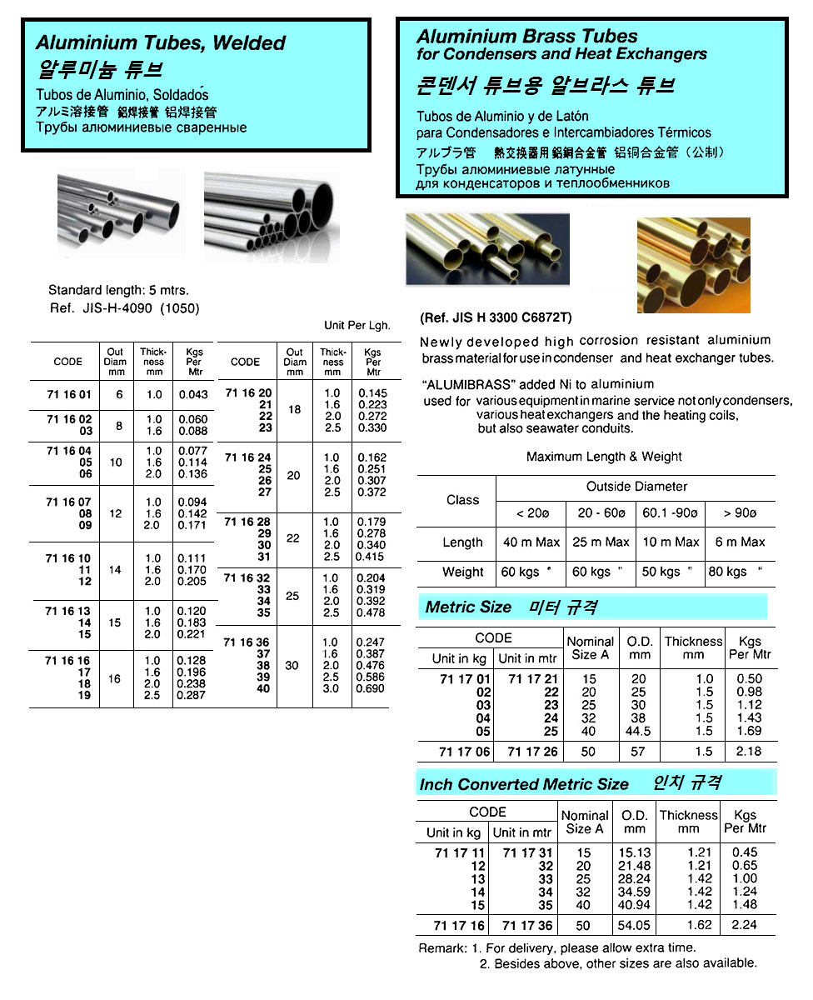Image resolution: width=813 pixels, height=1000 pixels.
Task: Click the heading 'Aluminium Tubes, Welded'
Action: (161, 43)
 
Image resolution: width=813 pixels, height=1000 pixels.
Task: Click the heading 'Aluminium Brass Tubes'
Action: (526, 37)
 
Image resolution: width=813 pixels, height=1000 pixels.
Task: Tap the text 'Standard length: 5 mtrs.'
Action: (118, 291)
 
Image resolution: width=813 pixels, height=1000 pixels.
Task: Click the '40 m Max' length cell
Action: (531, 542)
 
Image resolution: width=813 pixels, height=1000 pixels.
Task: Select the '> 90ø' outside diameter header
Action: (740, 513)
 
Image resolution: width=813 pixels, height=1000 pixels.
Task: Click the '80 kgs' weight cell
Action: (727, 572)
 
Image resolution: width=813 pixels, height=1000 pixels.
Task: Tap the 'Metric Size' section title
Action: (468, 607)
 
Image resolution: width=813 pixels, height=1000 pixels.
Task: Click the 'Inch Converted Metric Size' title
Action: (524, 784)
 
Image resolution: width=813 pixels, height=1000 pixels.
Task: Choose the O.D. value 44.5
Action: (640, 731)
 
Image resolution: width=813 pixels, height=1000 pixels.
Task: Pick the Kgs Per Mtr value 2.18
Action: (749, 752)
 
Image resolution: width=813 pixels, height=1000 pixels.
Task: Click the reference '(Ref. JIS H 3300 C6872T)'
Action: (497, 318)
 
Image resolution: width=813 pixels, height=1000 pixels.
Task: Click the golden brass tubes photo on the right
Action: (693, 265)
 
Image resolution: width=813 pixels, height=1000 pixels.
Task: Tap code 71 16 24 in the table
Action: (248, 457)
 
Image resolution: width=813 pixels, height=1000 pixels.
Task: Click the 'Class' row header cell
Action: (462, 500)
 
